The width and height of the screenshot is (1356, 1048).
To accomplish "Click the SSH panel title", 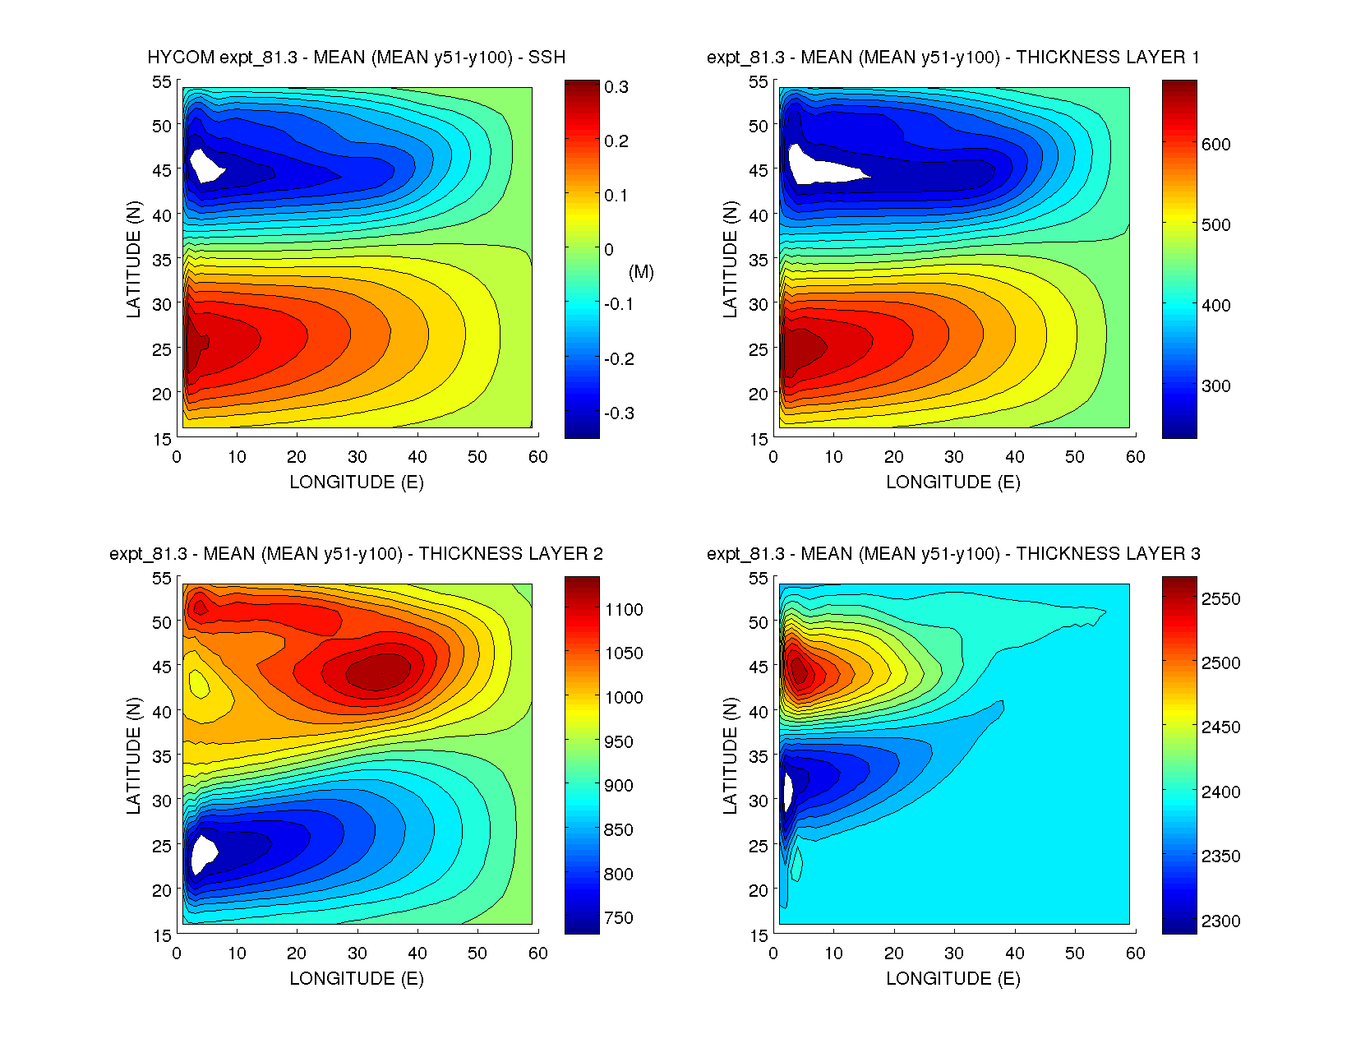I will click(x=356, y=58).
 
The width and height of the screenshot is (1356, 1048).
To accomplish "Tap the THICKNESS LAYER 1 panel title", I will click(x=952, y=58).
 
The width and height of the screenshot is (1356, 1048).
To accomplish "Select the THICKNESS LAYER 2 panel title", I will click(x=356, y=554).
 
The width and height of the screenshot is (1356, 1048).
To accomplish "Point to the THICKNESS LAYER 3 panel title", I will click(x=952, y=554).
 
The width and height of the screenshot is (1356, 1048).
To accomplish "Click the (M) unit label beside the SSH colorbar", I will click(x=641, y=272).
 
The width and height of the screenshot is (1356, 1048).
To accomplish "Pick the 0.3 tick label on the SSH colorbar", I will click(x=616, y=87).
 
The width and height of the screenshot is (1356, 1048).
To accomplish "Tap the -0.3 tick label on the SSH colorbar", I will click(x=619, y=413).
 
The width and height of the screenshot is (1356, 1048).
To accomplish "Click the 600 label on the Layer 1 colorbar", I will click(x=1215, y=145).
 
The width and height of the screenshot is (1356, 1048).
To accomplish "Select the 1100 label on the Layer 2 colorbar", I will click(x=624, y=610).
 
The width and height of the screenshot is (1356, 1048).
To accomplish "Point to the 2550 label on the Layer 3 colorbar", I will click(x=1220, y=599).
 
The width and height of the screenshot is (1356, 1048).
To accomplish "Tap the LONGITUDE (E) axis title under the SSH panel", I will click(x=356, y=482).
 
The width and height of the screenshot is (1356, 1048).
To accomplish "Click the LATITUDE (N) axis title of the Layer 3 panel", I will click(x=730, y=756).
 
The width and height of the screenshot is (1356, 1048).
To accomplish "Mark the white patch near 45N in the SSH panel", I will click(x=205, y=165).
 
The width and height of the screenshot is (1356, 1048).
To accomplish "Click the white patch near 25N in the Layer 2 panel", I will click(x=202, y=852).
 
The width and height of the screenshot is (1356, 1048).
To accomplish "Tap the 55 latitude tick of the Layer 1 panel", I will click(x=758, y=82).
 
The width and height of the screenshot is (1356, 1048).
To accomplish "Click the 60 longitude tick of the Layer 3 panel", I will click(x=1135, y=953).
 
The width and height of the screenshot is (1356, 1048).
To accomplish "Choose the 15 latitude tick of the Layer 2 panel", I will click(x=161, y=935).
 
